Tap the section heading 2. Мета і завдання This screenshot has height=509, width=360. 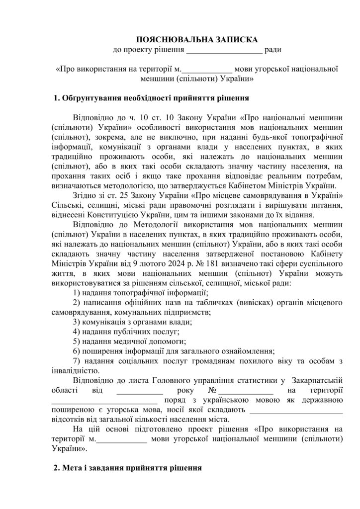(128, 468)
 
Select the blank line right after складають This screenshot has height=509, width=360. (296, 410)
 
